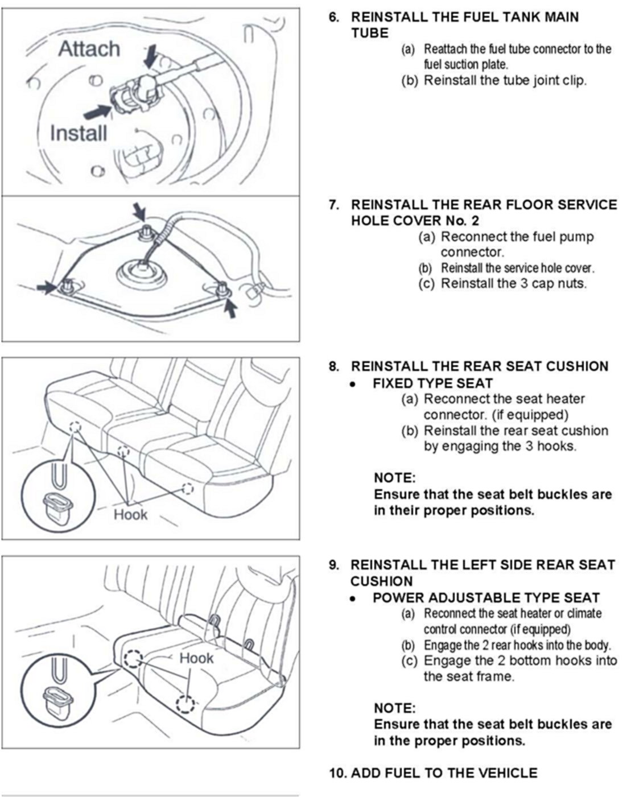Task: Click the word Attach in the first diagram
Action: coord(89,49)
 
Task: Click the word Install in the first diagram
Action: coord(78,134)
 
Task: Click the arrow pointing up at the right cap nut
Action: coord(230,308)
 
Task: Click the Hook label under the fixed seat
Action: coord(130,515)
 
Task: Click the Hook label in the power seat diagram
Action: coord(196,658)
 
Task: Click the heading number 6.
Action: coord(333,16)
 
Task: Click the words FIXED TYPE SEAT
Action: coord(432,383)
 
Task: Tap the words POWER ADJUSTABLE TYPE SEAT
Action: coord(486,597)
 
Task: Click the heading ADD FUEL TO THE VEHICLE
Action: coord(444,773)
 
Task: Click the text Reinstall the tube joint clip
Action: coord(505,80)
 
